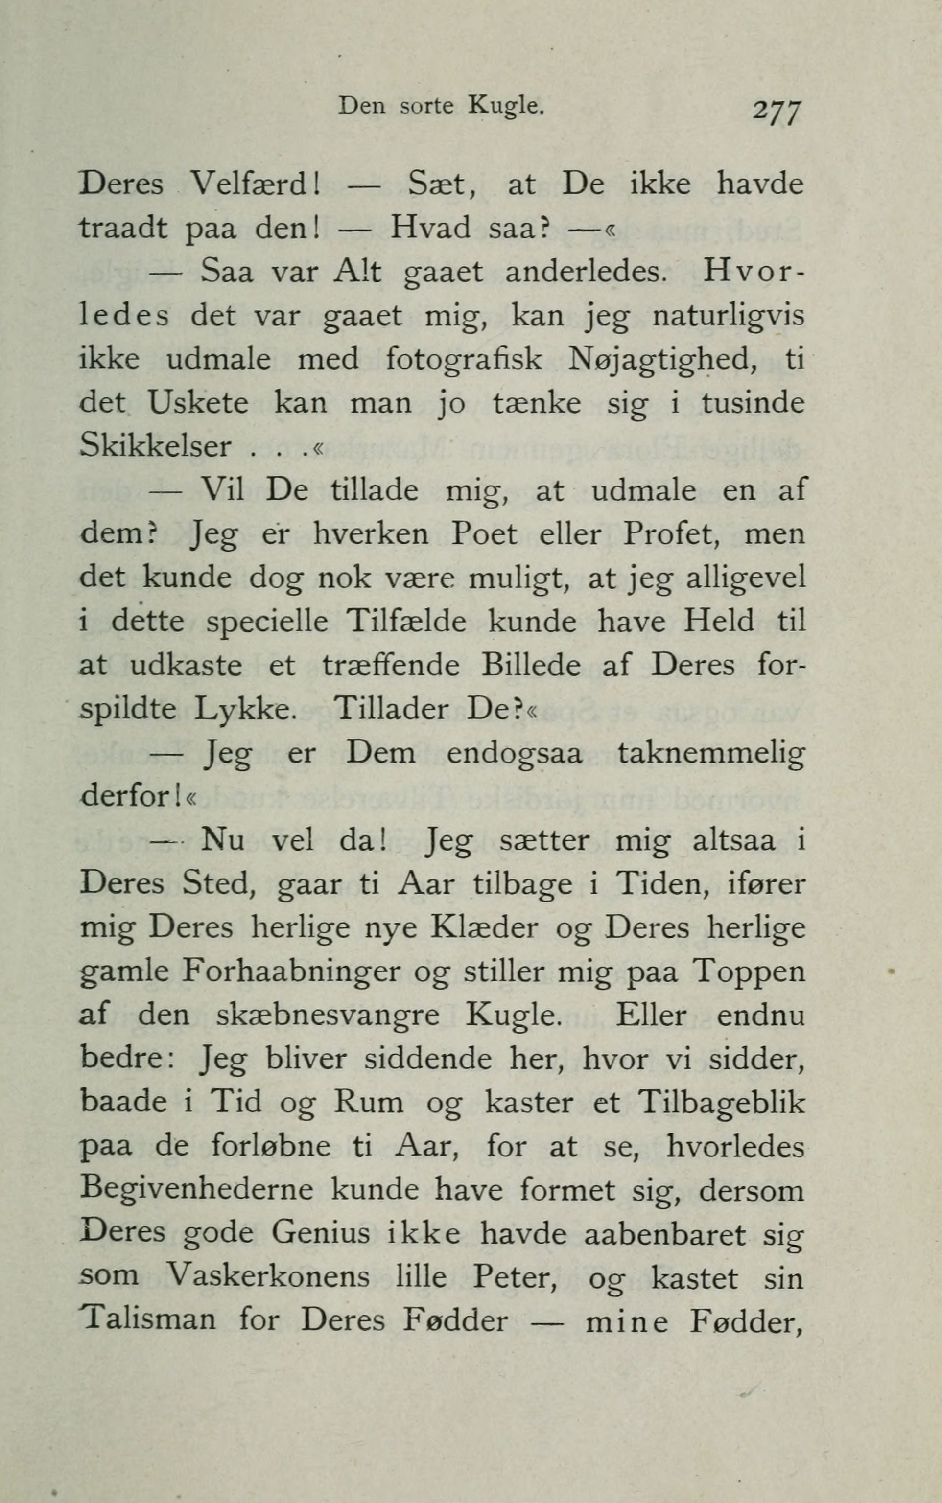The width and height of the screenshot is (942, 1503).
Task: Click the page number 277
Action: (778, 113)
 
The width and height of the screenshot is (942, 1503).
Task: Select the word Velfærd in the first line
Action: (254, 185)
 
